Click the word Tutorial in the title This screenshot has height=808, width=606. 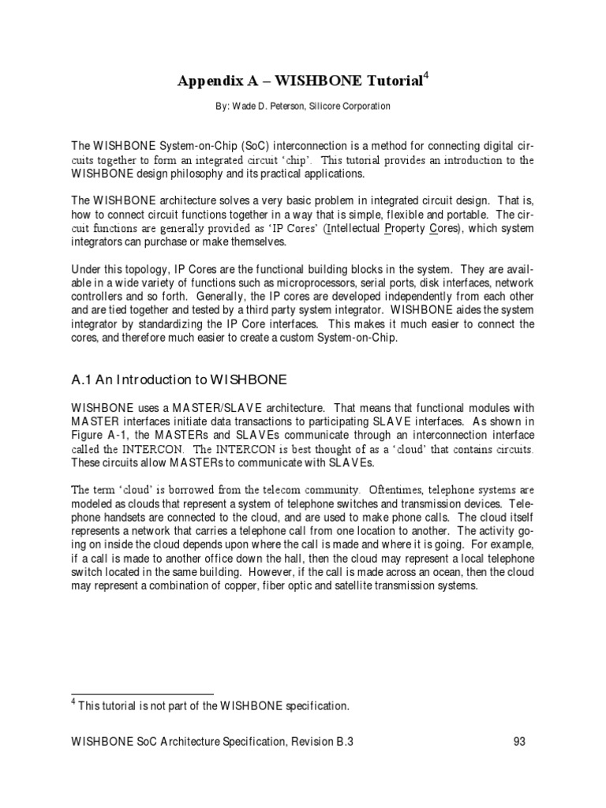(391, 81)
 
